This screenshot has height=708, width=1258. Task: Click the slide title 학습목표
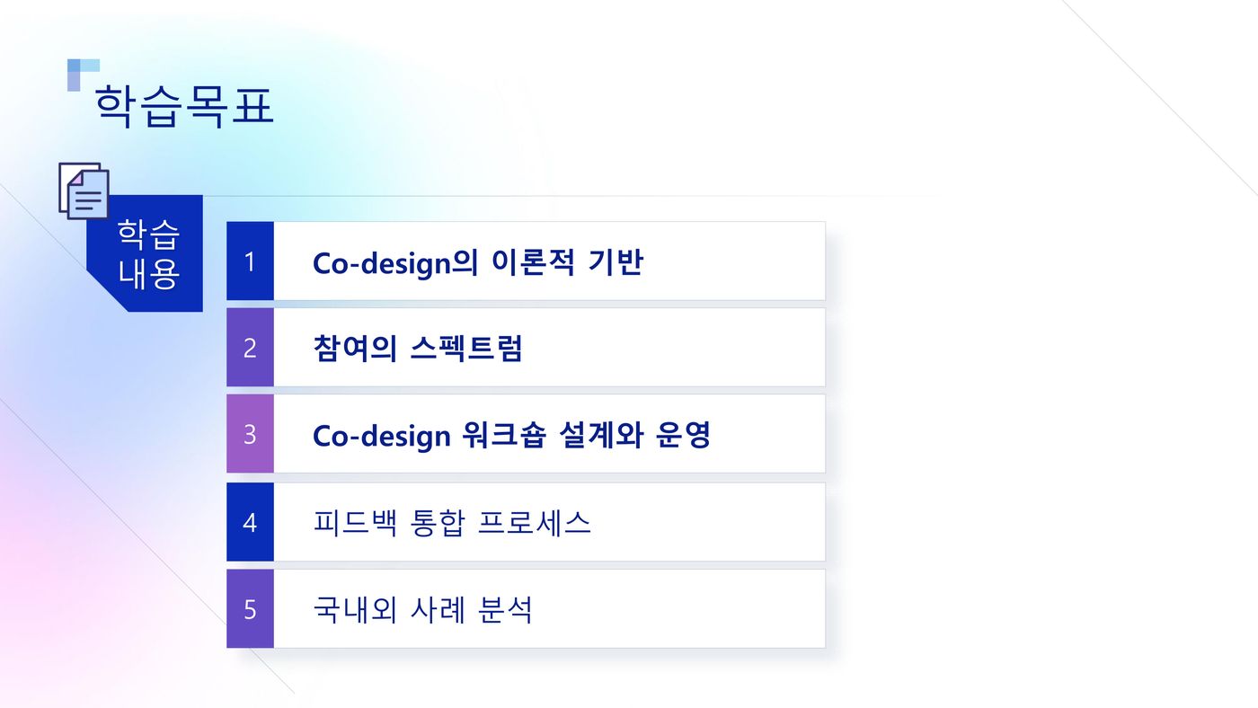(184, 106)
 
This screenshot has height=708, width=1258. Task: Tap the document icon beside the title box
(84, 190)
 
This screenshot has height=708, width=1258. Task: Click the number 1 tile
(250, 261)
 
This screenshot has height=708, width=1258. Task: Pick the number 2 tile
(250, 348)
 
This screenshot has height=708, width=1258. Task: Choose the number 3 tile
(250, 434)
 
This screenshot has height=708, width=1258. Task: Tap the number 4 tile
(250, 522)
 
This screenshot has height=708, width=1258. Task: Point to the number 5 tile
(250, 609)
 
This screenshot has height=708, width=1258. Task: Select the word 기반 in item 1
(616, 261)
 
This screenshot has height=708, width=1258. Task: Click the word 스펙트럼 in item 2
(466, 348)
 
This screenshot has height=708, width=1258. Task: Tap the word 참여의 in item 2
(355, 348)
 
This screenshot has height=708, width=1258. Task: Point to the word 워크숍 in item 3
(504, 435)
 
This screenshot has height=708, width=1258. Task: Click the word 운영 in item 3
(684, 435)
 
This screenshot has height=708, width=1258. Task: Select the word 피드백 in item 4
(355, 523)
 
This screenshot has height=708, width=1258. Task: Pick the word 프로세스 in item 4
(534, 523)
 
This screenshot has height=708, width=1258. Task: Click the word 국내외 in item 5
(355, 610)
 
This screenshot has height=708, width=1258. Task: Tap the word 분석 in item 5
(505, 610)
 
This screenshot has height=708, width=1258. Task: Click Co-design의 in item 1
(395, 262)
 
